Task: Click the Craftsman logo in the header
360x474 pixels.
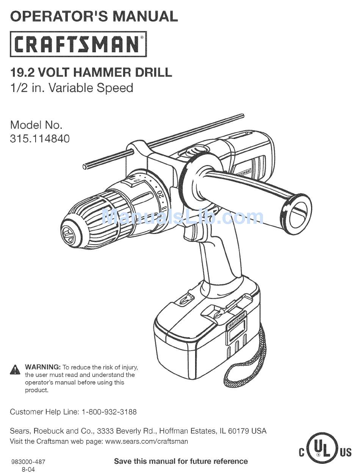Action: pyautogui.click(x=78, y=44)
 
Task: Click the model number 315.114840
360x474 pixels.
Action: pyautogui.click(x=40, y=139)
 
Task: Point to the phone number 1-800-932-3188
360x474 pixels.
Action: pyautogui.click(x=109, y=412)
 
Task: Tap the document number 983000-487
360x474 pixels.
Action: pyautogui.click(x=29, y=462)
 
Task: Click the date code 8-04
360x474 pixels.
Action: pyautogui.click(x=28, y=469)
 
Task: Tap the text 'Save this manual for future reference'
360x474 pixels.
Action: pyautogui.click(x=181, y=462)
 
